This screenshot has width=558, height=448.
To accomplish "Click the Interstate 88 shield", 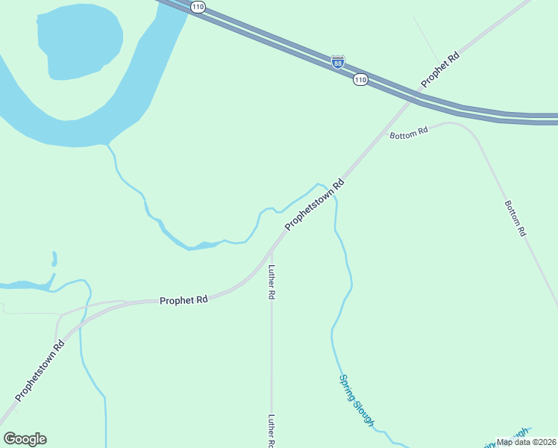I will click(x=338, y=61).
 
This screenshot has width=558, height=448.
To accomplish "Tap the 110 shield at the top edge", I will click(x=197, y=7).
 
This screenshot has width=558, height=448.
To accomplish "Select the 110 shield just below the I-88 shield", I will click(x=360, y=79).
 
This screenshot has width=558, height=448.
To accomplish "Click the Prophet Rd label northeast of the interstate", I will click(x=440, y=69).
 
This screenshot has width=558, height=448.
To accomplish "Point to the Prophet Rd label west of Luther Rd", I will click(x=184, y=300).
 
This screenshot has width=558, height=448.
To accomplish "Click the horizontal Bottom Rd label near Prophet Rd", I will click(x=409, y=132).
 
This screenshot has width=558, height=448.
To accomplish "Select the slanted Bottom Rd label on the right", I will click(x=515, y=218).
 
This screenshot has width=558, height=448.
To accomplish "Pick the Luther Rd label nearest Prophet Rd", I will click(x=272, y=282).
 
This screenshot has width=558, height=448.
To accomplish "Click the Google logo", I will click(x=25, y=439).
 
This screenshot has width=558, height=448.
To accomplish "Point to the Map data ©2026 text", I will click(x=526, y=442).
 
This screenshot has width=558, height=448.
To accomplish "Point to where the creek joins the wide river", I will click(x=109, y=144).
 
